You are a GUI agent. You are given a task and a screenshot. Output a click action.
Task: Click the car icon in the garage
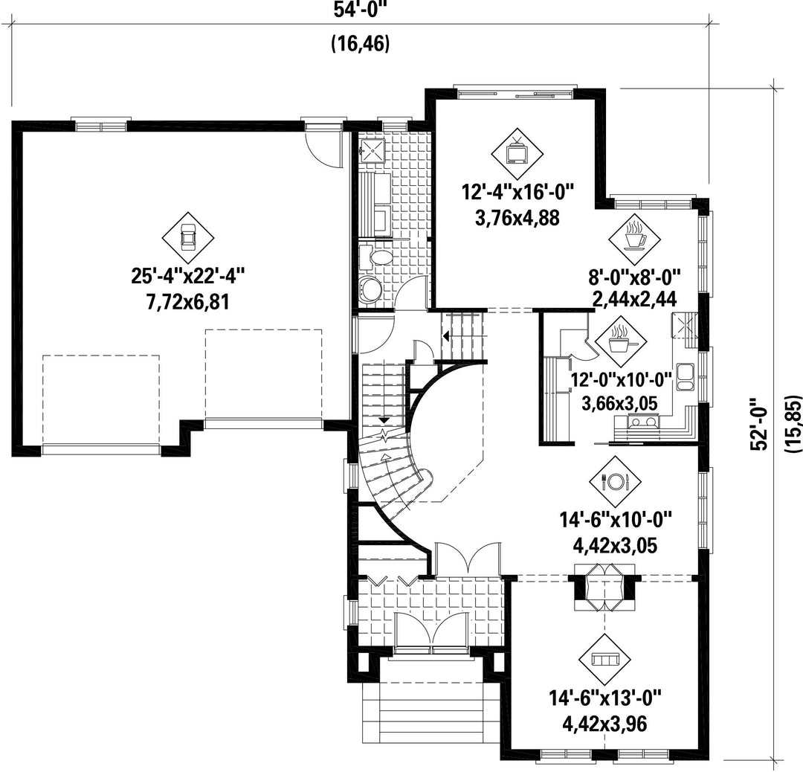click(x=188, y=238)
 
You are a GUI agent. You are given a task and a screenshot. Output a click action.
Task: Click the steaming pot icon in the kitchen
click(x=621, y=340)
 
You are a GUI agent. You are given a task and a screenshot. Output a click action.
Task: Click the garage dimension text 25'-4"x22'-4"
click(x=188, y=277)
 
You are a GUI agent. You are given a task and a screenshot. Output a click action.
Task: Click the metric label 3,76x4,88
click(x=517, y=218)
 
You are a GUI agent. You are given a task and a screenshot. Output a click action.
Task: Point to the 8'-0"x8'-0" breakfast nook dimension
click(x=634, y=278)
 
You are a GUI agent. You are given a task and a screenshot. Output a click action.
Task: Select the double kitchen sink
click(x=684, y=376)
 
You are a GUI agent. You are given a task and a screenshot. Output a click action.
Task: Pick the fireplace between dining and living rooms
click(x=604, y=587)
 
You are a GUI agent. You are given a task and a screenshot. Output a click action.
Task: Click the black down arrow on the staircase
click(x=383, y=419)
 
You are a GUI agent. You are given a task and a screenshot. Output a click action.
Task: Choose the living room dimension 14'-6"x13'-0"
click(x=604, y=699)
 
